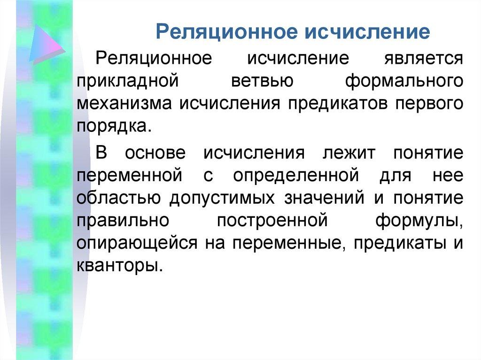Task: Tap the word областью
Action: (119, 198)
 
